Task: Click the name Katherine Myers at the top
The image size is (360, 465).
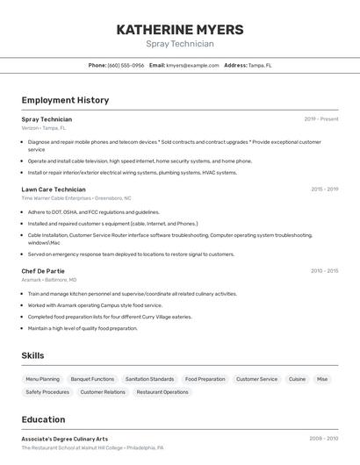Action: click(180, 29)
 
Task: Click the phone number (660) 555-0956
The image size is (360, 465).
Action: click(126, 65)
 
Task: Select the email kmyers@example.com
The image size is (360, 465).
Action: click(192, 65)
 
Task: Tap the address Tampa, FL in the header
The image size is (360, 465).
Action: click(260, 65)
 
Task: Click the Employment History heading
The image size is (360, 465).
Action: click(65, 100)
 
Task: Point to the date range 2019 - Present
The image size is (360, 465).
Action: click(320, 119)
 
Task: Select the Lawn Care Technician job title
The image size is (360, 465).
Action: click(54, 190)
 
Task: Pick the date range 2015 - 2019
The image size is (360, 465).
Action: click(324, 190)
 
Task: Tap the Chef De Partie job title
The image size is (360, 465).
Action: click(43, 271)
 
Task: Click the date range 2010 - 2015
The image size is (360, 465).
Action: click(324, 271)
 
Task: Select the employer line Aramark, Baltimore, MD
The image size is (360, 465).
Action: click(49, 280)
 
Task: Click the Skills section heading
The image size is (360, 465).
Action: click(33, 355)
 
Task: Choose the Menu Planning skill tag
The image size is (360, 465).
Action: click(43, 379)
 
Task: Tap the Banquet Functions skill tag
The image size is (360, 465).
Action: click(92, 379)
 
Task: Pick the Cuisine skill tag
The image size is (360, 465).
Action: click(297, 379)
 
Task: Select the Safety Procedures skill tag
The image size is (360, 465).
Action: click(47, 392)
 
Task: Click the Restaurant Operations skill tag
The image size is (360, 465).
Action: click(162, 392)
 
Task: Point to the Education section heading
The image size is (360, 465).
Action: click(43, 419)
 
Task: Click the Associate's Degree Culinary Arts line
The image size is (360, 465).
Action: click(65, 439)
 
